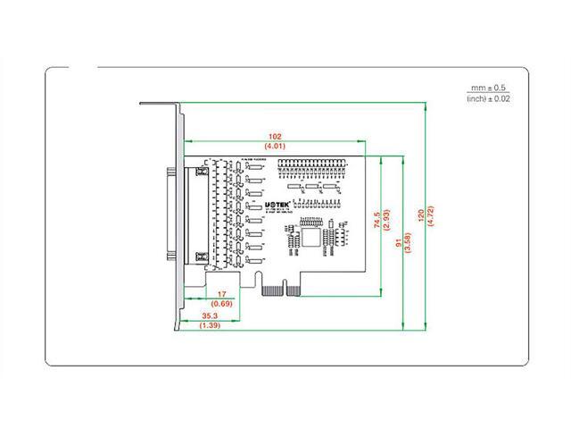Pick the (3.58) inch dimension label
point(410,240)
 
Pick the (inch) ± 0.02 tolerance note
point(488,98)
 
